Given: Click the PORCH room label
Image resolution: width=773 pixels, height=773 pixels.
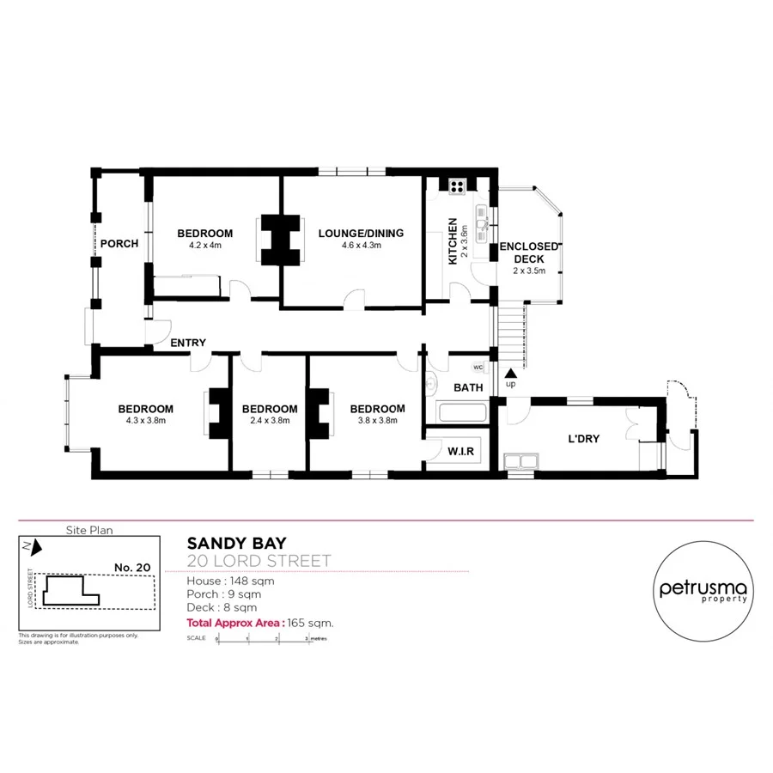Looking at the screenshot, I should pos(119,243).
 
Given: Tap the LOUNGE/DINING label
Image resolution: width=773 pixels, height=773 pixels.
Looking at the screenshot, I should pos(361,233).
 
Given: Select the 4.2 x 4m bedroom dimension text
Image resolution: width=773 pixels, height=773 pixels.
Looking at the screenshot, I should pos(204,245).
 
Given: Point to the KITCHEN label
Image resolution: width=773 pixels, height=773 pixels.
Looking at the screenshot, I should pos(453,240).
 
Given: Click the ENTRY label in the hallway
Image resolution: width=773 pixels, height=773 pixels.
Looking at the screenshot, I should pos(188,343).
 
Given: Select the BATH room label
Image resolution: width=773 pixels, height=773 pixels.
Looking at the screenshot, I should pos(468,387).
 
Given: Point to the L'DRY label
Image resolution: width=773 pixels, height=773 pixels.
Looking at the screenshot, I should pos(583,438).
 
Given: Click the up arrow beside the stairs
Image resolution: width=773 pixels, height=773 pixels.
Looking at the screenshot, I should pos(511,374).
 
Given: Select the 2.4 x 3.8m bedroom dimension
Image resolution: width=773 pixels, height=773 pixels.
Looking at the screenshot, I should pos(270,421).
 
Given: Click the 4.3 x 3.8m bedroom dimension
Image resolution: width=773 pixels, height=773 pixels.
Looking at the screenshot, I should pos(146,421).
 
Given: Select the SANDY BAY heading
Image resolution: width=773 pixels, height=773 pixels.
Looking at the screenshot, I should pos(237,543).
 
